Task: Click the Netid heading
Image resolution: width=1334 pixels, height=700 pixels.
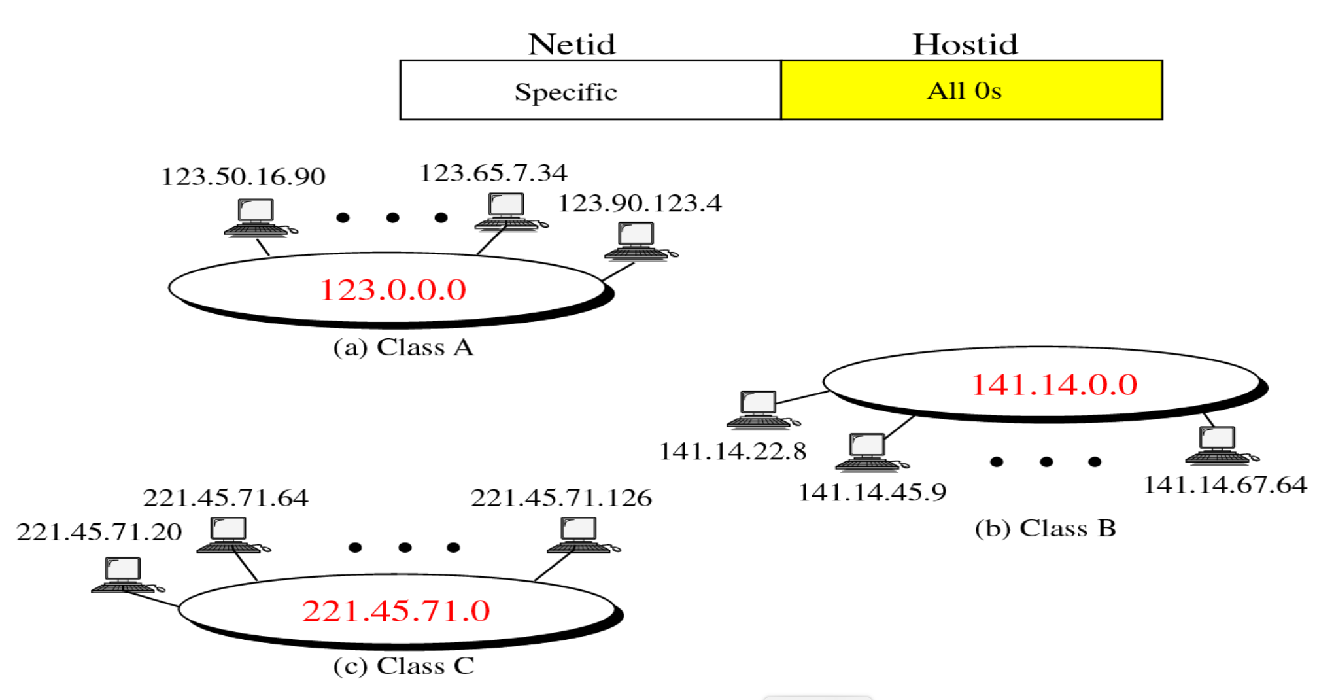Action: tap(572, 44)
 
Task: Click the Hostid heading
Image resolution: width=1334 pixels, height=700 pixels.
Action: tap(965, 44)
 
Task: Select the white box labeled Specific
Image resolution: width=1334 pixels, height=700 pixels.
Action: tap(590, 91)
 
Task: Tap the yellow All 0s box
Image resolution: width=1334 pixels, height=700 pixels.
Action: tap(971, 90)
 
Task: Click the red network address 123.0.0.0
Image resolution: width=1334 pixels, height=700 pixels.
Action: tap(393, 290)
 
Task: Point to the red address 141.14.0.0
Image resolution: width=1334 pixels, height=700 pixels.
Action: tap(1054, 385)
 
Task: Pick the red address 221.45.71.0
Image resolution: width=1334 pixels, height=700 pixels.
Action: tap(396, 611)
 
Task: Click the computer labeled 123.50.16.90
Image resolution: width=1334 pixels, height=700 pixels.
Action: tap(257, 217)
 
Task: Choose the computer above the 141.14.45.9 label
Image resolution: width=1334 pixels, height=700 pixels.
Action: tap(868, 452)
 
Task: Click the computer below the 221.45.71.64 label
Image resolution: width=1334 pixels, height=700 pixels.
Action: tap(230, 535)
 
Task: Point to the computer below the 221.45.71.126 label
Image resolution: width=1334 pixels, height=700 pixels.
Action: tap(580, 535)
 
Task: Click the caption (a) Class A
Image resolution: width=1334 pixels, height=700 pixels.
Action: tap(403, 347)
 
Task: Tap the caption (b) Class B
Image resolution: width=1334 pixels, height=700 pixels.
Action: tap(1045, 529)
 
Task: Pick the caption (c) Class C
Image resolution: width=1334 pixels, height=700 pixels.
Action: tap(403, 666)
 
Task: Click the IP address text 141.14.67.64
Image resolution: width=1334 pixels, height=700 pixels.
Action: tap(1225, 485)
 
